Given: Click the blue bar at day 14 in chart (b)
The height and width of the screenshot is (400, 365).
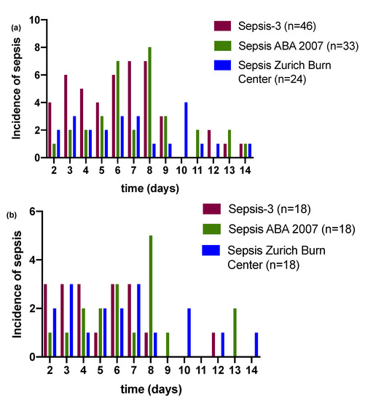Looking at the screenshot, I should pos(256,344).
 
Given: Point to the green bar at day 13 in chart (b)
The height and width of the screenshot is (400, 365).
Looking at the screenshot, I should pos(236,332).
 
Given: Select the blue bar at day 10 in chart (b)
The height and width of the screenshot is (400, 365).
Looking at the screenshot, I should pos(189,332).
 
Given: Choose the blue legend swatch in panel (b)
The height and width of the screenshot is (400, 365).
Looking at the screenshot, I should pos(213,249).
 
